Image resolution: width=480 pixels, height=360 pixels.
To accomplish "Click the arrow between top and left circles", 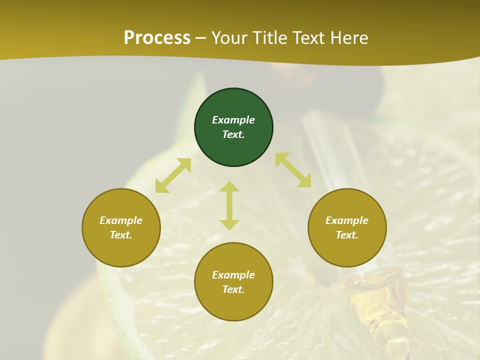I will [173, 175].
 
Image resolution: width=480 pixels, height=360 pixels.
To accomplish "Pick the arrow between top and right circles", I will [293, 170].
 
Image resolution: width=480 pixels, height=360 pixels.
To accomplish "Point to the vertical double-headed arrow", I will [229, 205].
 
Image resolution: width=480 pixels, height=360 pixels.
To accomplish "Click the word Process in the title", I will [157, 38].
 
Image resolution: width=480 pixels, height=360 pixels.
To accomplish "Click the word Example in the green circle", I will [233, 120].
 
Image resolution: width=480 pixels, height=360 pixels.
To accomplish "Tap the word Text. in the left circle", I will [121, 235].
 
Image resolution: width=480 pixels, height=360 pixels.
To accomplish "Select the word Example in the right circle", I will [347, 220].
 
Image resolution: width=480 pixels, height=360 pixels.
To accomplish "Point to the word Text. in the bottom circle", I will [233, 289].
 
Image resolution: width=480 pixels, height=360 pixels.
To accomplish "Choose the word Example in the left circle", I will [121, 220].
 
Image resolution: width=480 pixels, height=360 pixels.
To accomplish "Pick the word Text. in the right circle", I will [347, 235].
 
